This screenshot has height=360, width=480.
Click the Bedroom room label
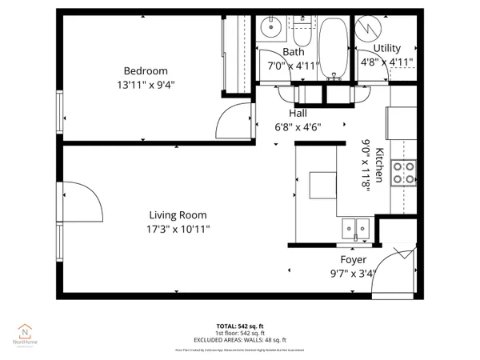point(145,70)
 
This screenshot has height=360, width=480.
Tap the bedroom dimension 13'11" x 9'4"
point(145,83)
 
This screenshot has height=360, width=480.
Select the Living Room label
point(178,215)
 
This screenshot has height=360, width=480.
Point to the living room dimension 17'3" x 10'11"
point(178,229)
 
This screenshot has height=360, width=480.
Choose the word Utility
point(387,49)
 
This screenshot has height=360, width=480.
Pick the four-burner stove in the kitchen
point(403,174)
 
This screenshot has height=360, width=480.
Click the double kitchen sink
point(352,229)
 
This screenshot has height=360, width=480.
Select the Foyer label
point(353,260)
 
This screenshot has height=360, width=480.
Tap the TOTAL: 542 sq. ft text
point(238,326)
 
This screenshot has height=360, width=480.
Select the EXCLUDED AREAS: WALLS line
point(238,339)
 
